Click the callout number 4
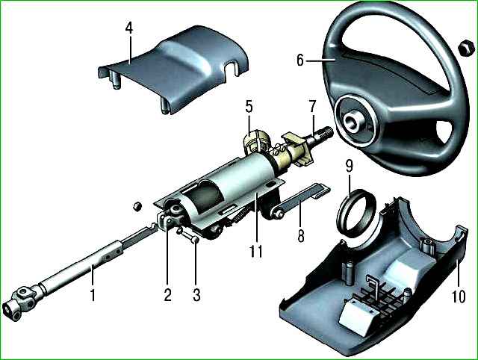point(129,28)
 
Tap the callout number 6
point(300,60)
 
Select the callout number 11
point(255,251)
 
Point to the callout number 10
point(459,296)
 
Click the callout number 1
point(93,295)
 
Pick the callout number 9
point(349,166)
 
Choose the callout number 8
point(301,236)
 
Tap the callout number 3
point(196,295)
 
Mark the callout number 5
point(249,107)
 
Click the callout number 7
point(313,106)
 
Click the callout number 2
point(167,295)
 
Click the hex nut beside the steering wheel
point(466,48)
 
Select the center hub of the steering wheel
point(353,121)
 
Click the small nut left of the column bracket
point(137,206)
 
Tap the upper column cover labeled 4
point(174,70)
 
